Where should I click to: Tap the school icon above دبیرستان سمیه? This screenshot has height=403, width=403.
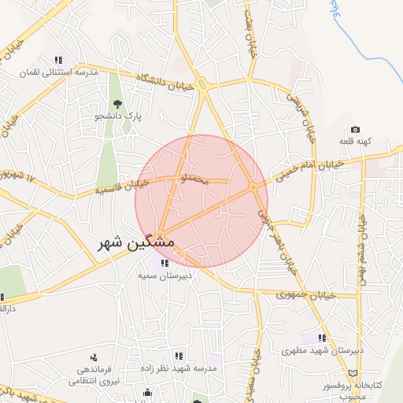click(164, 263)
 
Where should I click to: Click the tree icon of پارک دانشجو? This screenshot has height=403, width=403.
click(117, 104)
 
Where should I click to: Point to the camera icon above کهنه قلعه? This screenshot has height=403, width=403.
click(355, 130)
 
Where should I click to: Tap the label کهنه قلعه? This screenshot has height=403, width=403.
click(355, 142)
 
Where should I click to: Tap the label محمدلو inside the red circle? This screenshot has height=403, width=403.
click(194, 180)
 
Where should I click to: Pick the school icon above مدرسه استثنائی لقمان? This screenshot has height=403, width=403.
click(58, 60)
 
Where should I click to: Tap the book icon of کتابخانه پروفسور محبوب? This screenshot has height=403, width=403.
click(353, 372)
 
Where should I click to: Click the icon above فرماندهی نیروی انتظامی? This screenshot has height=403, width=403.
click(94, 358)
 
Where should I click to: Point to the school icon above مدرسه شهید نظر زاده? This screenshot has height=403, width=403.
click(179, 356)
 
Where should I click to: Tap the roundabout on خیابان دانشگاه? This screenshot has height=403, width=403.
click(202, 84)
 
